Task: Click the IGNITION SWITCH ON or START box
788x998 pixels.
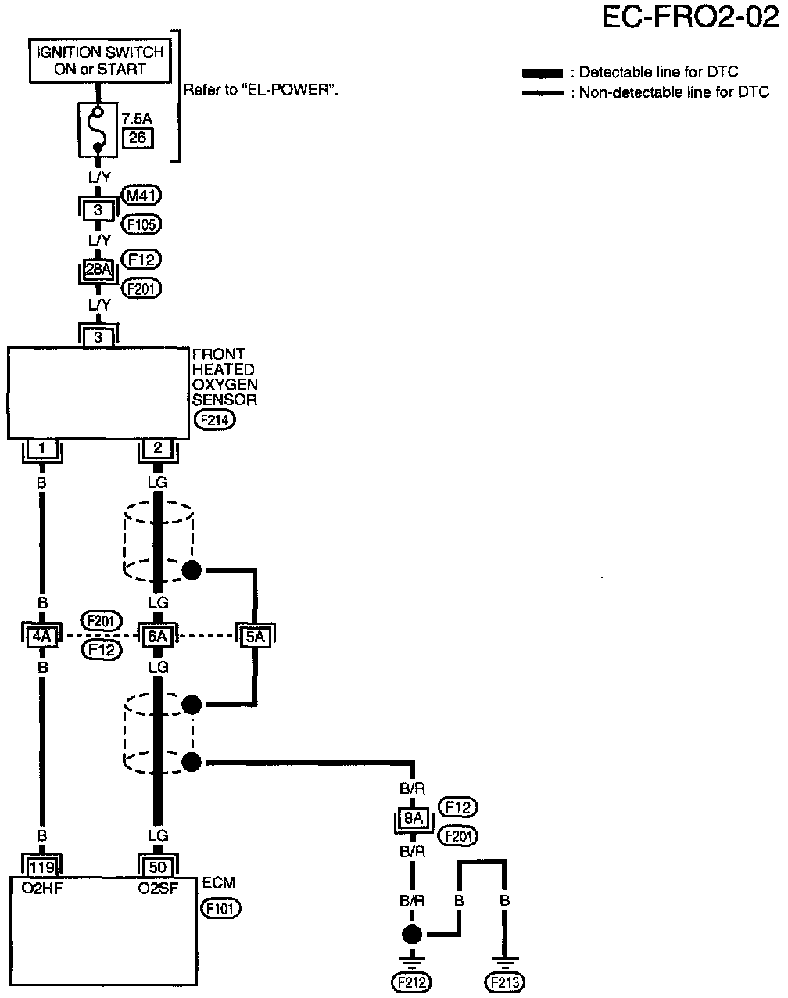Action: point(99,60)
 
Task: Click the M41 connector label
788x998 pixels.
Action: point(141,196)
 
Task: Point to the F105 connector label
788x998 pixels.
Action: point(141,225)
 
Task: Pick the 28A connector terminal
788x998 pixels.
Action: point(98,269)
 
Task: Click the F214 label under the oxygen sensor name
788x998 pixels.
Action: point(215,420)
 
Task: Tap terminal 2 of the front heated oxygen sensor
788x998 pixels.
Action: point(158,449)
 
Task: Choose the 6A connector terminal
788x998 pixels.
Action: point(158,637)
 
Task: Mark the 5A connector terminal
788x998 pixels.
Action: point(255,637)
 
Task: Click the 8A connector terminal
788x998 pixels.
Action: point(413,820)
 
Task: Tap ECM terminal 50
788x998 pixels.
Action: point(158,867)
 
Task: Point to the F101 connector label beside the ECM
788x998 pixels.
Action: point(221,909)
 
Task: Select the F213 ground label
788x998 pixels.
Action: point(505,982)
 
